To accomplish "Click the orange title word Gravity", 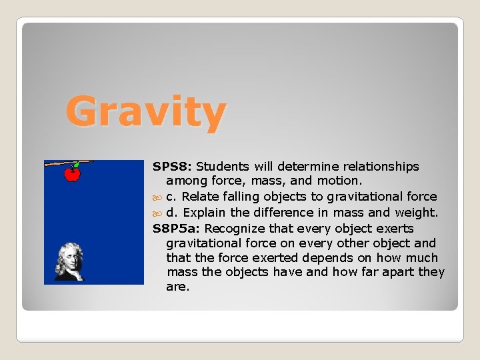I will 145,112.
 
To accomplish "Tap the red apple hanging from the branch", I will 72,174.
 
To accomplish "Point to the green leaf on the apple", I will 76,165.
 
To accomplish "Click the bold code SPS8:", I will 173,166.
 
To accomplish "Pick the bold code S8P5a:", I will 177,228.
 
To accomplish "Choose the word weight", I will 416,213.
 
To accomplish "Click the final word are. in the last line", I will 178,287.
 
